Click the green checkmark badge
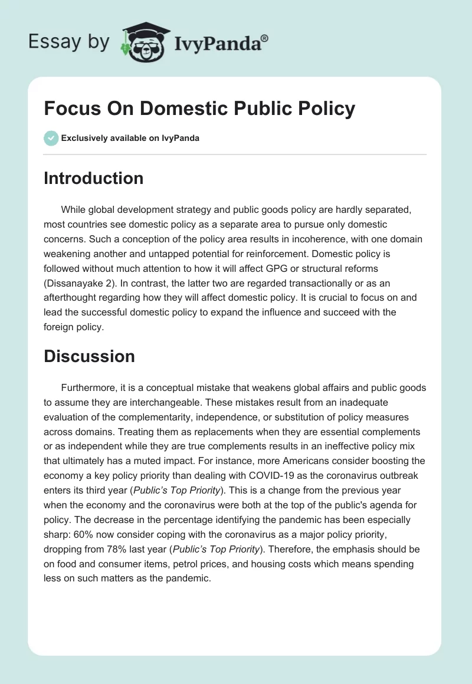[50, 139]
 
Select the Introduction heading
[93, 178]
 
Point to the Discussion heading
[89, 356]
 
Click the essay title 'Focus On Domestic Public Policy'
[199, 108]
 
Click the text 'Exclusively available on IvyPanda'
[130, 139]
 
